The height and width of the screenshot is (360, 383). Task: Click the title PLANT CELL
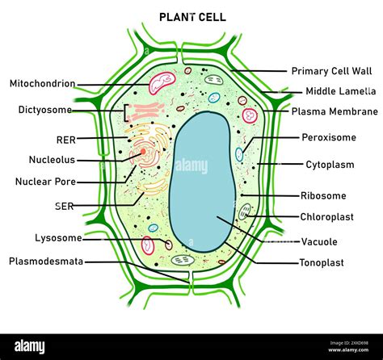(191, 16)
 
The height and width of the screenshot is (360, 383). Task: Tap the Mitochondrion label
(42, 84)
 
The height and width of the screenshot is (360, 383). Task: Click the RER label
(65, 139)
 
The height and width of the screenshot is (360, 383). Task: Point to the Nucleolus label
(53, 160)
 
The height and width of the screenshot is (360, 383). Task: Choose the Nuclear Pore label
(46, 182)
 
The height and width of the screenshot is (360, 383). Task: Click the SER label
(65, 206)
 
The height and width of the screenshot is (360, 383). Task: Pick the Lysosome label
(57, 238)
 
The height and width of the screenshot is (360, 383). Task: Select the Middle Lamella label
(339, 91)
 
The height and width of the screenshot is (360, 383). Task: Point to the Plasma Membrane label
(335, 111)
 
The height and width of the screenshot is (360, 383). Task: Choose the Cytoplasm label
(330, 165)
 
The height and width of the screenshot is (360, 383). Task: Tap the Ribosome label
(323, 195)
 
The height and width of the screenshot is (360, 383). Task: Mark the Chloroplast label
(327, 217)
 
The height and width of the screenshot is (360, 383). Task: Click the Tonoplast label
(322, 262)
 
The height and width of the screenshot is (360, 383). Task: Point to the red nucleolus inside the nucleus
(142, 151)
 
